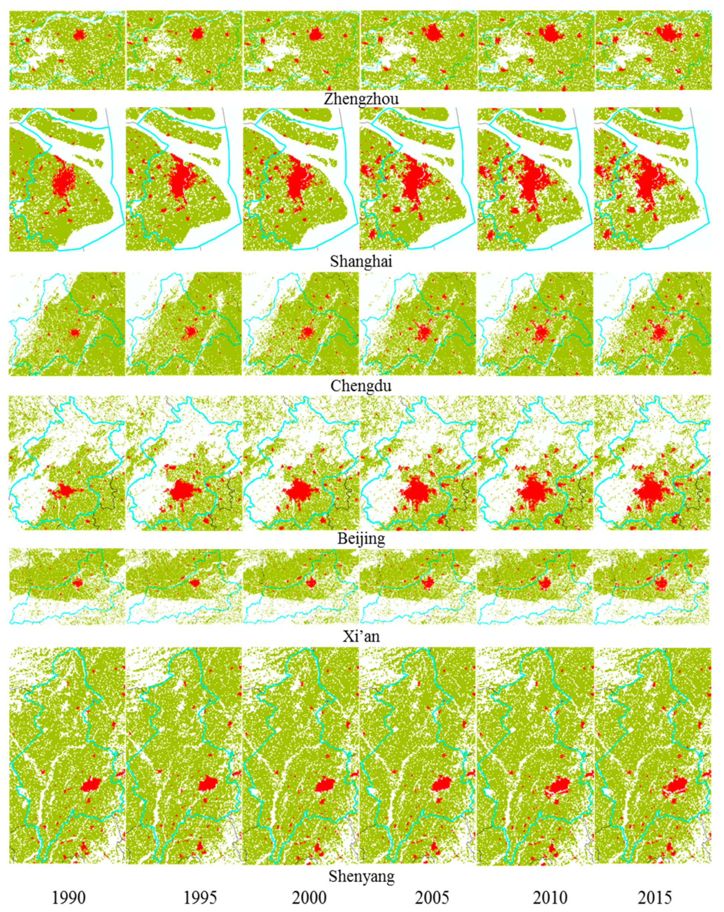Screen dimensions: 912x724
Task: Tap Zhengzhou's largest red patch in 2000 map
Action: click(315, 34)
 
